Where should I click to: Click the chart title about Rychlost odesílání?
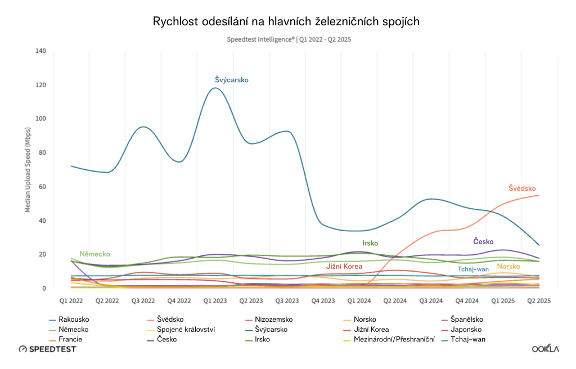pyautogui.click(x=286, y=22)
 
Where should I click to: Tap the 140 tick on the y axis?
pyautogui.click(x=41, y=51)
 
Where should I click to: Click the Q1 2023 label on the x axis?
pyautogui.click(x=215, y=300)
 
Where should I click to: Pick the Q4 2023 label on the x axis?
pyautogui.click(x=323, y=300)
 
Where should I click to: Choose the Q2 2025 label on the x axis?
pyautogui.click(x=539, y=300)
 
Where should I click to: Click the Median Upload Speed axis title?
pyautogui.click(x=28, y=169)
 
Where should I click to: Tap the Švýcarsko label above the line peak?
pyautogui.click(x=231, y=80)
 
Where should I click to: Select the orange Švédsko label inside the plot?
pyautogui.click(x=522, y=188)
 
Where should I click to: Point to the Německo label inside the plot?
pyautogui.click(x=94, y=254)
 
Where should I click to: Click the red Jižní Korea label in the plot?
pyautogui.click(x=344, y=266)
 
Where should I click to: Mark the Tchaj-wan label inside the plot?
pyautogui.click(x=473, y=269)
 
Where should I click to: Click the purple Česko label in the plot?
pyautogui.click(x=484, y=241)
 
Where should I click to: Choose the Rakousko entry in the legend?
pyautogui.click(x=74, y=319)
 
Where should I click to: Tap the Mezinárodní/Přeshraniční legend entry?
pyautogui.click(x=394, y=340)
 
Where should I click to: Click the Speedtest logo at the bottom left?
pyautogui.click(x=47, y=349)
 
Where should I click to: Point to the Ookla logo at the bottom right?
pyautogui.click(x=546, y=349)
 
